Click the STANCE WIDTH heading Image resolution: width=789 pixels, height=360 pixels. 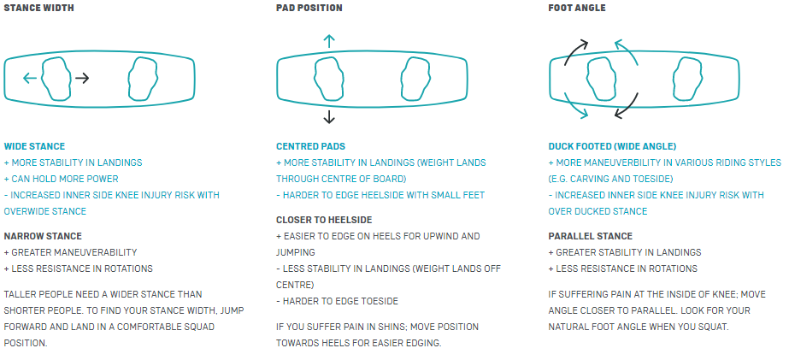(38, 8)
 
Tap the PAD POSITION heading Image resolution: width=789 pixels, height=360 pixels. (309, 8)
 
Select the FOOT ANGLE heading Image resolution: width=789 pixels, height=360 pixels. (577, 8)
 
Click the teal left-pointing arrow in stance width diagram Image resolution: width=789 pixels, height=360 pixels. (30, 78)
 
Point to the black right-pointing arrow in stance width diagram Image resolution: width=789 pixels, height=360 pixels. (82, 78)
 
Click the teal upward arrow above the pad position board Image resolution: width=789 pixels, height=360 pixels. (328, 41)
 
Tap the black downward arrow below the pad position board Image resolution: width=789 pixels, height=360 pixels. (328, 117)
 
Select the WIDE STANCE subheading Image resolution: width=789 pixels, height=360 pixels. (34, 146)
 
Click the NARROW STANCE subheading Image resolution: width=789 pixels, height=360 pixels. (43, 236)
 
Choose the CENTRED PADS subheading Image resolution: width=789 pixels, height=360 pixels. (310, 146)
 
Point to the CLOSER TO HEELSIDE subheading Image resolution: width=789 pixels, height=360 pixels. (324, 220)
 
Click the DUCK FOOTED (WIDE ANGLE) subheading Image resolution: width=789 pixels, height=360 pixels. (612, 146)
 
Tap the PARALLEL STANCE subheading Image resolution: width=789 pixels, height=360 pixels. (590, 236)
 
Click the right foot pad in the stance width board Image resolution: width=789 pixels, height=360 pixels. (144, 79)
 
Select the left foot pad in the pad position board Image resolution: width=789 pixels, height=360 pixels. (328, 79)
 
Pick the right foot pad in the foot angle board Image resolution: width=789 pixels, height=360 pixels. (688, 79)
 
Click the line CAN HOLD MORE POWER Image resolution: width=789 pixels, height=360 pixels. (61, 179)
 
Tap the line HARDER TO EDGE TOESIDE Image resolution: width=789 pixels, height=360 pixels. (337, 302)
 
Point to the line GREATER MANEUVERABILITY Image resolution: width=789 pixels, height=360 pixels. (70, 252)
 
